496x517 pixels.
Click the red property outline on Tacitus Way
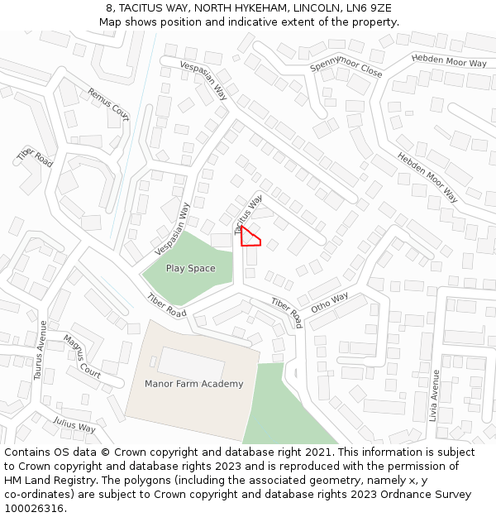250,237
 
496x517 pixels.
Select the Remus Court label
109,104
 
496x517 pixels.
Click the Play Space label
190,268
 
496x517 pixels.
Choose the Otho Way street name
330,303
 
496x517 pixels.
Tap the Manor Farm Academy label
194,384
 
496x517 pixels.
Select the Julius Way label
74,425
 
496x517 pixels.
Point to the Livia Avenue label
435,395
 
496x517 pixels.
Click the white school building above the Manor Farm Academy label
191,363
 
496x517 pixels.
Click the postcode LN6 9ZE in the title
365,8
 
